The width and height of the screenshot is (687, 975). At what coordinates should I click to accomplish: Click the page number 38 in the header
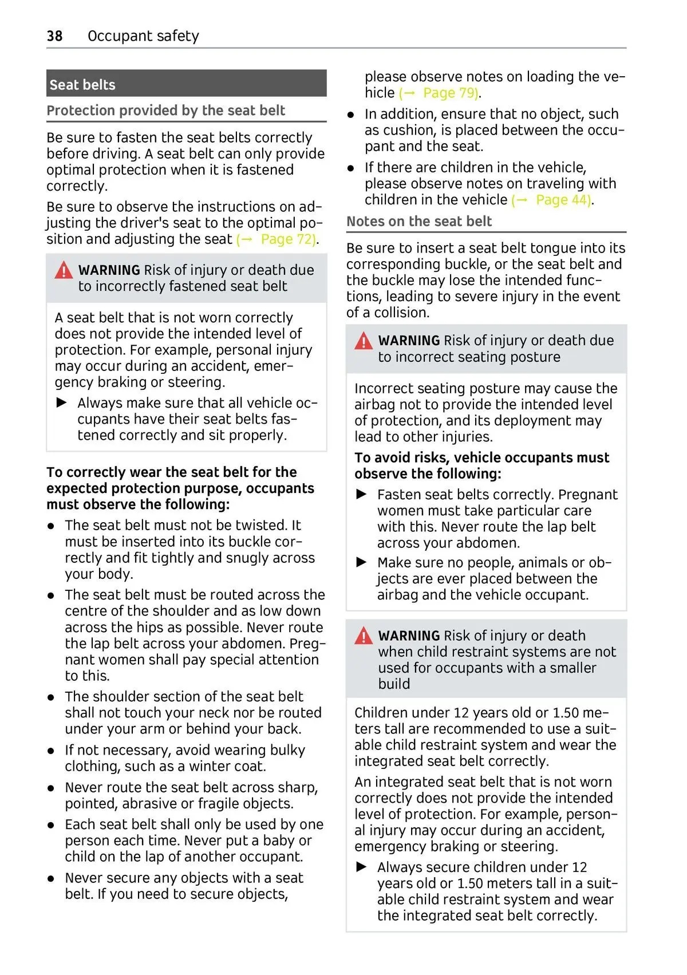[54, 36]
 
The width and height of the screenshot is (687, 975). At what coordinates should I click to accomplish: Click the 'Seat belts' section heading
[82, 85]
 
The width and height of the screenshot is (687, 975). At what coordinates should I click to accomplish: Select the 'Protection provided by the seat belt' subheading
[165, 110]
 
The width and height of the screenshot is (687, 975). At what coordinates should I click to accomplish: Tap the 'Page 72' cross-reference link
[287, 239]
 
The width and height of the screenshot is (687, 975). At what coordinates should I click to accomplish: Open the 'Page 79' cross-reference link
[450, 93]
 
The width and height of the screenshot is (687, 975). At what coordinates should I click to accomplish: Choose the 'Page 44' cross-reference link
[563, 200]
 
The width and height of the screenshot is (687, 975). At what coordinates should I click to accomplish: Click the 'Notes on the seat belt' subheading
[419, 222]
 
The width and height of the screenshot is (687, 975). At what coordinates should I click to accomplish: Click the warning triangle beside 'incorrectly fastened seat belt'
[64, 270]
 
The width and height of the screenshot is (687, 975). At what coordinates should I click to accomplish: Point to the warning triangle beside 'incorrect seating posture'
[364, 341]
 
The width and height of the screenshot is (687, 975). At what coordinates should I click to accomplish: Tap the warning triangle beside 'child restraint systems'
[364, 636]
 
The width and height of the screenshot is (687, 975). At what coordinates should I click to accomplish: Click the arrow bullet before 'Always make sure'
[62, 403]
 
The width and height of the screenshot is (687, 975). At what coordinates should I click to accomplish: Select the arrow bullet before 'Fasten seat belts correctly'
[362, 495]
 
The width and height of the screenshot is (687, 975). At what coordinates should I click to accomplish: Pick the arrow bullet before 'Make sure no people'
[362, 563]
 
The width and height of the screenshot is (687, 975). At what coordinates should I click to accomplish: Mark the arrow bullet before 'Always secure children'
[362, 867]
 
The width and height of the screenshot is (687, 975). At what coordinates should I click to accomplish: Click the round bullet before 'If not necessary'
[52, 751]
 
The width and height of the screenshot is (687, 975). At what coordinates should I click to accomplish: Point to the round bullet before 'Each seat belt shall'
[52, 825]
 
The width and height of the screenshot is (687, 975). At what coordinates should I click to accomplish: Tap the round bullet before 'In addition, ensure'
[352, 115]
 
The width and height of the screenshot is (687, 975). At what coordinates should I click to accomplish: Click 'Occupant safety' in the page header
[143, 36]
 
